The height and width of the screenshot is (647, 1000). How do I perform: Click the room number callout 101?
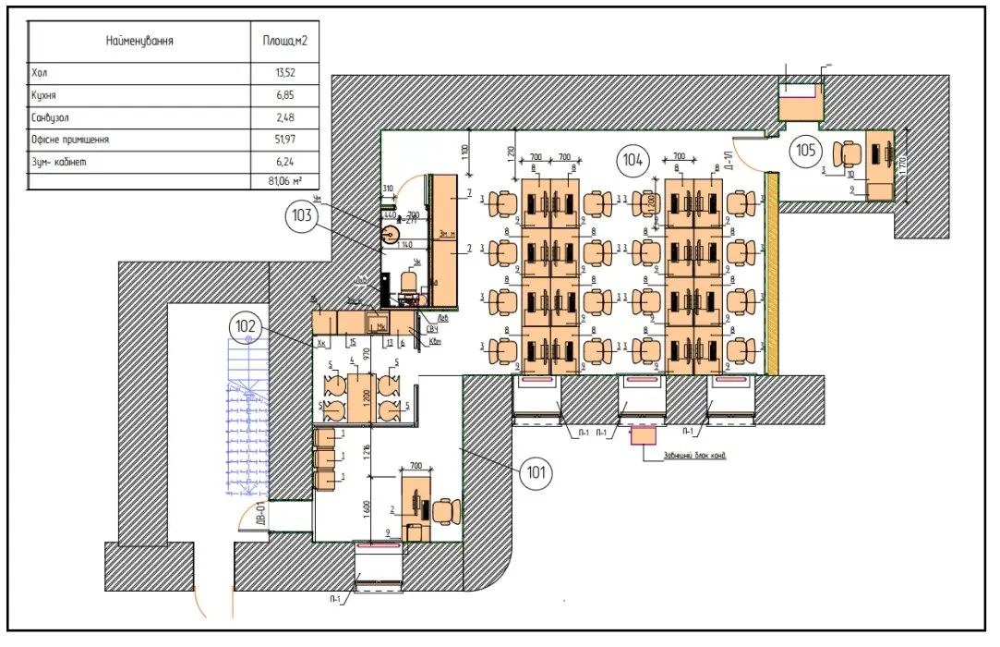click(x=536, y=473)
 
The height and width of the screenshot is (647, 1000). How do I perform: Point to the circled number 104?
click(x=633, y=160)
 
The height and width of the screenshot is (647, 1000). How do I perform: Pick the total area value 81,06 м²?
click(x=284, y=181)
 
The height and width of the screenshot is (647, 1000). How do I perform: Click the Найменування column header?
click(x=139, y=42)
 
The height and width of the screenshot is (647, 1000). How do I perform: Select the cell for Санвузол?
click(x=51, y=117)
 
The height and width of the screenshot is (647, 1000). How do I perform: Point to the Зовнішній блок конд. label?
click(x=693, y=455)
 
